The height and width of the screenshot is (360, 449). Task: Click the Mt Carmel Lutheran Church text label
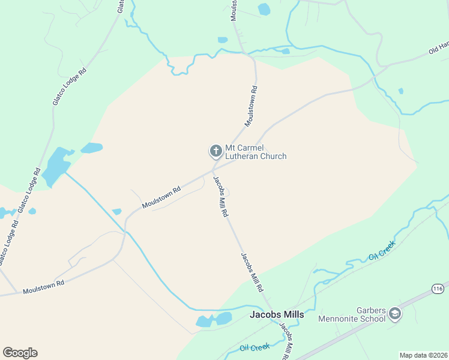255,152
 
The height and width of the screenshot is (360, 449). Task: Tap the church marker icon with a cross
215,151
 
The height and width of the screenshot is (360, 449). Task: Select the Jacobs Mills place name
277,314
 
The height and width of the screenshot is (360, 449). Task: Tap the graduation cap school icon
395,313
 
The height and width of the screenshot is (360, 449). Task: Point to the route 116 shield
438,289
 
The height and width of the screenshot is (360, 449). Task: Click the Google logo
20,353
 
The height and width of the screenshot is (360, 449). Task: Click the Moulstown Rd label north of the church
251,107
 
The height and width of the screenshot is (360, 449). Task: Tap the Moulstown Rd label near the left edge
43,287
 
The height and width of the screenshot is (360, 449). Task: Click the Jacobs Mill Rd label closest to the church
221,196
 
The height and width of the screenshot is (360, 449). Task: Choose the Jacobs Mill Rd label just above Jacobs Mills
253,272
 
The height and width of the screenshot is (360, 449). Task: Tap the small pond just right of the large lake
91,148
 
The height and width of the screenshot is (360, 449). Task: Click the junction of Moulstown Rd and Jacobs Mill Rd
212,170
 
